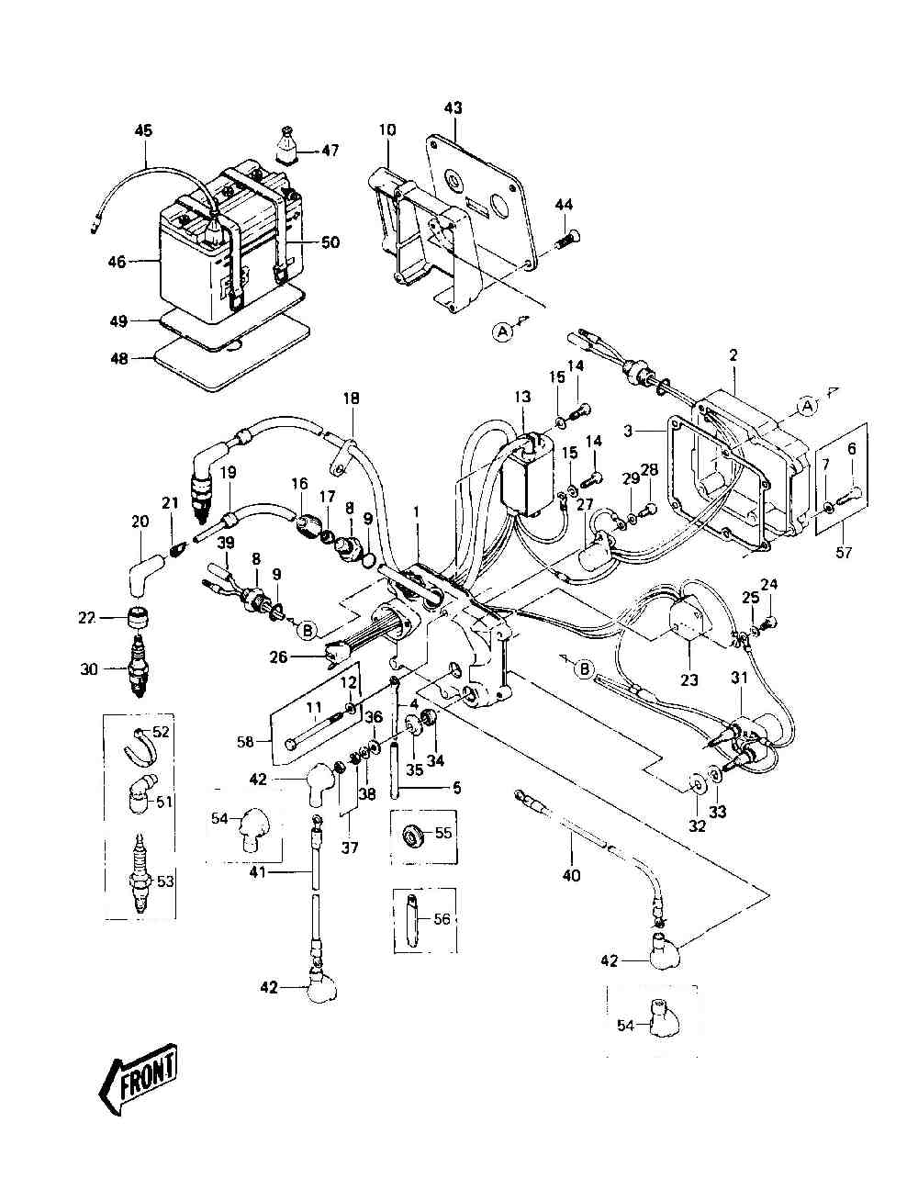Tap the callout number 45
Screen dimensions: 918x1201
(x=143, y=130)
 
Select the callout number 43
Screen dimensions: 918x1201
(x=453, y=107)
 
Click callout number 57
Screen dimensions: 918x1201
(x=844, y=552)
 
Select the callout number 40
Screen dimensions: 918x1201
(x=571, y=875)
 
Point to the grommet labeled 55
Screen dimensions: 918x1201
(x=412, y=835)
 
